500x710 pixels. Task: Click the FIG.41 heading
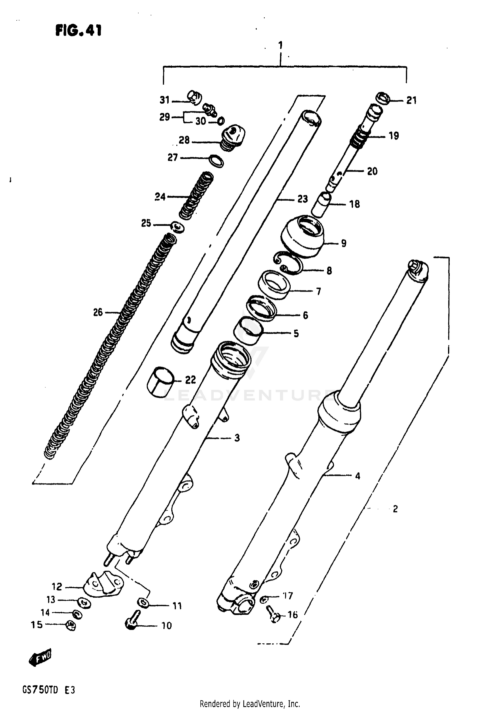click(79, 31)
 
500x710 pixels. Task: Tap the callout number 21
click(411, 100)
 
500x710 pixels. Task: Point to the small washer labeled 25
click(178, 227)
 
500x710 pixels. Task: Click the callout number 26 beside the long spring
click(98, 312)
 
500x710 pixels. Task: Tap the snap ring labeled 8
click(289, 263)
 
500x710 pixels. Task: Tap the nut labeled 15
click(71, 625)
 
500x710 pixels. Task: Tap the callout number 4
click(358, 476)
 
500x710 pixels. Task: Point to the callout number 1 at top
click(280, 45)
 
